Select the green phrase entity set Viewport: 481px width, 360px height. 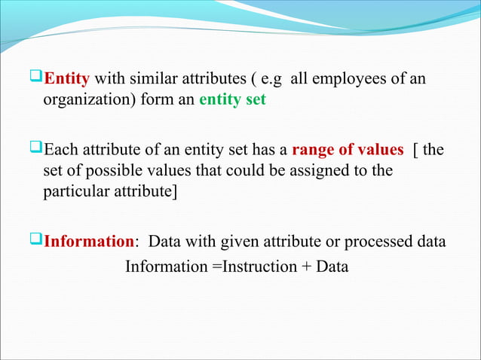[x=232, y=100]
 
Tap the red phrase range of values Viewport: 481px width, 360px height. [x=348, y=149]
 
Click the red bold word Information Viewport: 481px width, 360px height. [x=89, y=242]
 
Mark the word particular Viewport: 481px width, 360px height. [x=73, y=191]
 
